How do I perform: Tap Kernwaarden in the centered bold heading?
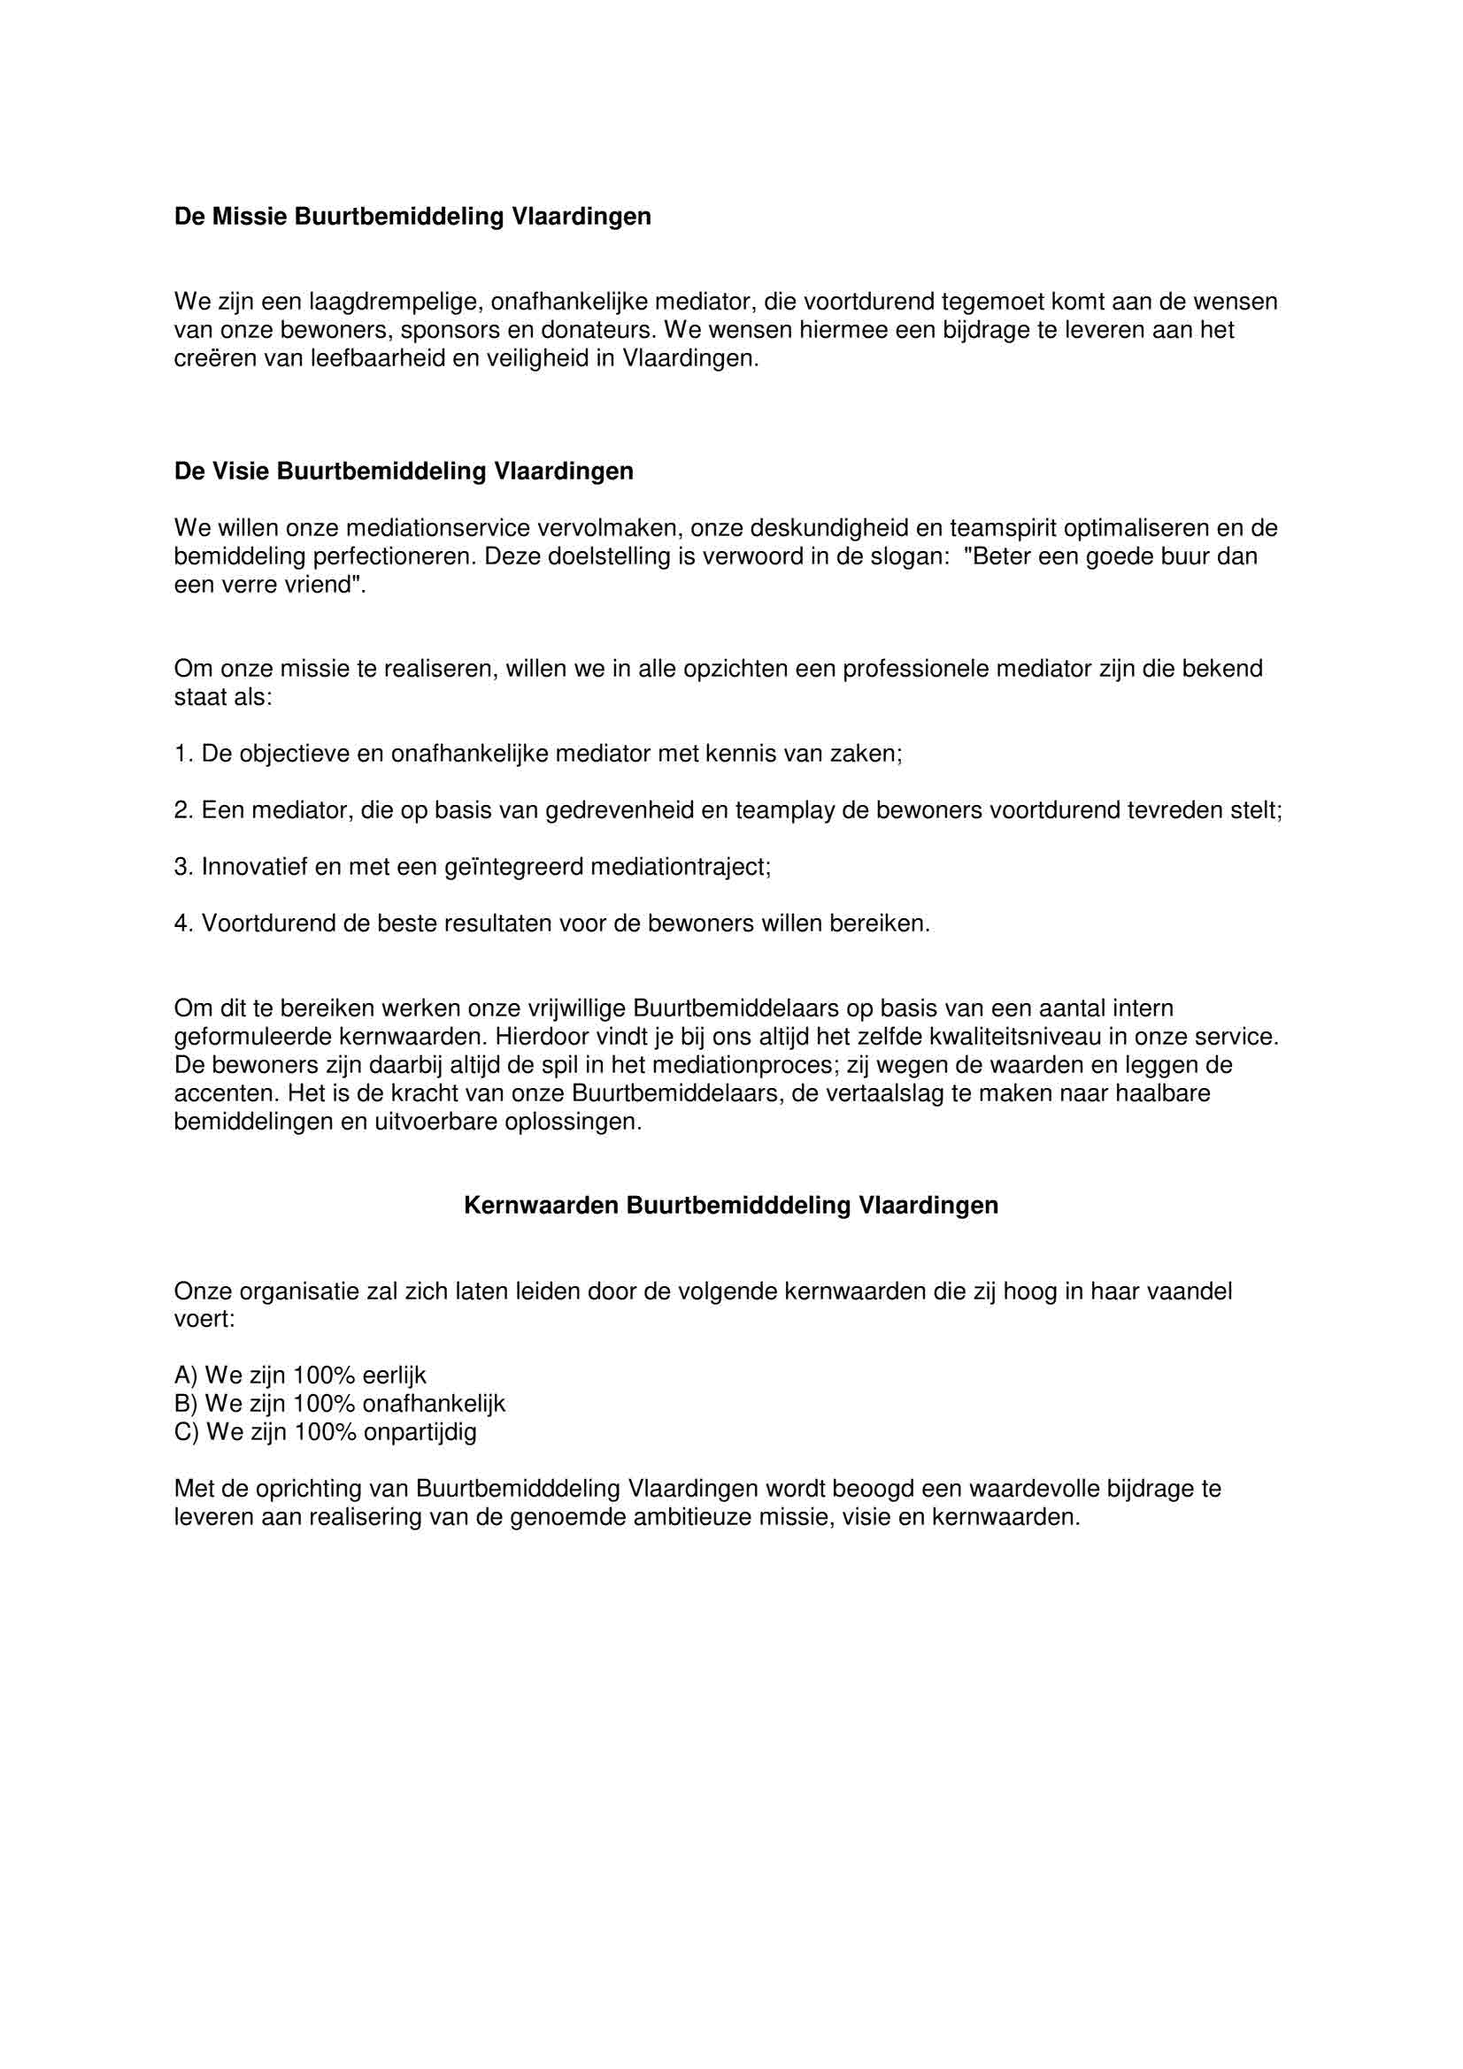[541, 1206]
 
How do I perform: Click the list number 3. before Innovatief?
[184, 867]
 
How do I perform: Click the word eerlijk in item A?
[394, 1376]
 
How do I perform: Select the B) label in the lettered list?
[186, 1404]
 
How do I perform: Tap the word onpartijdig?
[420, 1432]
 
